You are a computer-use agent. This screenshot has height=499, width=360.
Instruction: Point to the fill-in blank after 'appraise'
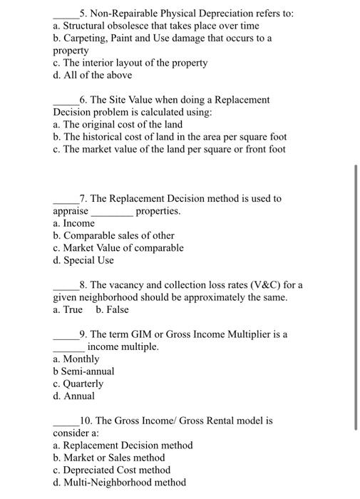tap(111, 212)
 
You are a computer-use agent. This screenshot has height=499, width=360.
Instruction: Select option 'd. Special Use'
tap(83, 260)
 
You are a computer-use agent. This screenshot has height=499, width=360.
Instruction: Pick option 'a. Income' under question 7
tap(73, 224)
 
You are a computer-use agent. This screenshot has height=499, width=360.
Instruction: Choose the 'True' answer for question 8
tap(72, 309)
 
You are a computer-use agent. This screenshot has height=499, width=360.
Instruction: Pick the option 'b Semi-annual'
tap(83, 371)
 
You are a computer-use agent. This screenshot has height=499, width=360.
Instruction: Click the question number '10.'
tap(87, 421)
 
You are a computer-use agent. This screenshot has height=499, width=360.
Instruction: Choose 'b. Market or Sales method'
tap(108, 458)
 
